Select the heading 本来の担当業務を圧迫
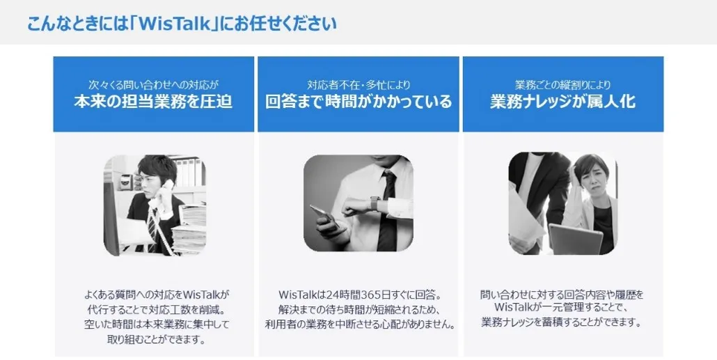[x=153, y=101]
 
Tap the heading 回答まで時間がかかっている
[x=358, y=101]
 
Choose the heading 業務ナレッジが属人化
[x=563, y=101]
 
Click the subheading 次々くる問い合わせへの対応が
[x=153, y=84]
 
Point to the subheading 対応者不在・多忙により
[x=358, y=84]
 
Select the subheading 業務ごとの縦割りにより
[x=563, y=84]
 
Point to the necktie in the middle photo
[x=388, y=210]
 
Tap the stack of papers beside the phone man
[x=189, y=228]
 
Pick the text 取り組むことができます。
[x=156, y=340]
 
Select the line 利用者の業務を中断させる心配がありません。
[x=361, y=324]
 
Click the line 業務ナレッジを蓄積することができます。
[x=562, y=322]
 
